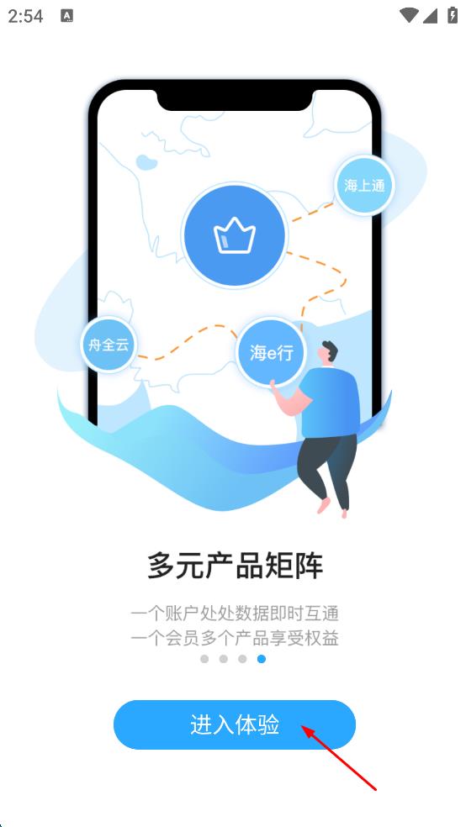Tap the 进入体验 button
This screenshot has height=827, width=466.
[x=235, y=724]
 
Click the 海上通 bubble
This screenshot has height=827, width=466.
[x=364, y=186]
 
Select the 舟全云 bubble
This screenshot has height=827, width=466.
[x=109, y=345]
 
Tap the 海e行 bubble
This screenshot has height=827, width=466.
[x=271, y=353]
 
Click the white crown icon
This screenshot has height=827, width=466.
[x=235, y=236]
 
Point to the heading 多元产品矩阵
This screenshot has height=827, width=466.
[x=235, y=566]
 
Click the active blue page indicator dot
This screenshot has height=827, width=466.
[x=262, y=659]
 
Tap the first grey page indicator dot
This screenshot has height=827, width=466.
[x=204, y=659]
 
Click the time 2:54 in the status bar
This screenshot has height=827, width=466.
[x=25, y=16]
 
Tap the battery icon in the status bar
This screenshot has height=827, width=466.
[x=453, y=15]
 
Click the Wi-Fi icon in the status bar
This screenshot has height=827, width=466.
[x=409, y=15]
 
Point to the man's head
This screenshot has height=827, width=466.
[x=328, y=352]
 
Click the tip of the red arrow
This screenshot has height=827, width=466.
[x=302, y=726]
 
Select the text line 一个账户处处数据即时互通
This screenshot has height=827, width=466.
[x=235, y=614]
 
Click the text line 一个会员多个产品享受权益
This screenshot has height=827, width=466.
[x=235, y=638]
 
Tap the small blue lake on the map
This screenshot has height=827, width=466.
[x=146, y=161]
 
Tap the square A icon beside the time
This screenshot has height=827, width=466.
[x=66, y=16]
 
